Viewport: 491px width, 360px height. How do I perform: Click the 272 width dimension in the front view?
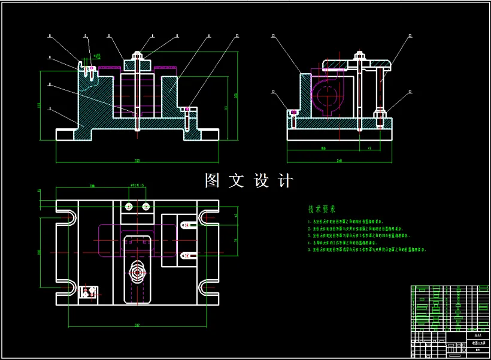tap(138, 161)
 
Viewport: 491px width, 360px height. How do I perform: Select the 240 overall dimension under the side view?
tap(340, 161)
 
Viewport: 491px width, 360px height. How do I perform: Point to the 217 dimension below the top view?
tap(137, 325)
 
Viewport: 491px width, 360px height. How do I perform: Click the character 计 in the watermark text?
tap(286, 181)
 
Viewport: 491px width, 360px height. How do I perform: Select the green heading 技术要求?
tap(322, 210)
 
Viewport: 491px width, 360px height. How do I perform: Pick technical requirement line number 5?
tap(365, 249)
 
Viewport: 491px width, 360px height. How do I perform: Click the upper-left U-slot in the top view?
tap(67, 216)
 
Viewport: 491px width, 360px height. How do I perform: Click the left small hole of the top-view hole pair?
tap(128, 206)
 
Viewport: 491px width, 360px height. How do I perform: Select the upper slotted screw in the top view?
tap(187, 226)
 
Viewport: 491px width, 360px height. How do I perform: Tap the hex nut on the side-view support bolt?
tap(380, 111)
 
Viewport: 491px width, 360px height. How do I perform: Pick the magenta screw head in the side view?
tap(293, 112)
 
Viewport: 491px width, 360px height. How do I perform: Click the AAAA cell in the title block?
tap(477, 336)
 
